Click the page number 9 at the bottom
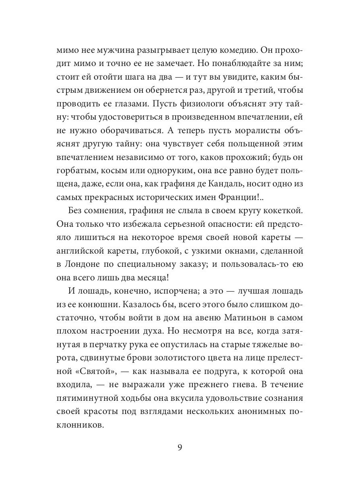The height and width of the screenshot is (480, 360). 180,447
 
